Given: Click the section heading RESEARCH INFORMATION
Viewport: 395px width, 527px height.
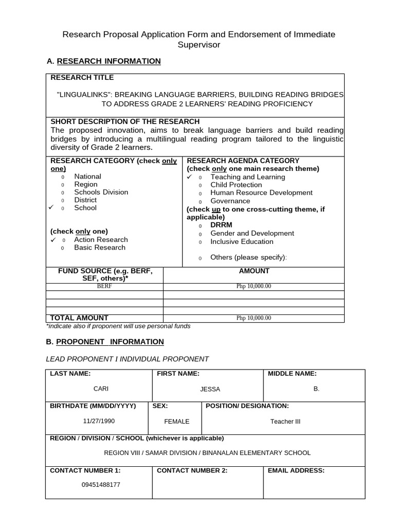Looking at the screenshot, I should (x=109, y=61).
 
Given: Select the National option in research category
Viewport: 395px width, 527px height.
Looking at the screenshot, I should (x=87, y=177).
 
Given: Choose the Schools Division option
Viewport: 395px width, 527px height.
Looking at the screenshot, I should (x=101, y=192).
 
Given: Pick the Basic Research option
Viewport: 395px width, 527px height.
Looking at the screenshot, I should (x=99, y=248).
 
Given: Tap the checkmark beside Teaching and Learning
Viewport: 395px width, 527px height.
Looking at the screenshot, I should (x=189, y=177).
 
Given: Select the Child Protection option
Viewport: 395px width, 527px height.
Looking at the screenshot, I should (x=236, y=185).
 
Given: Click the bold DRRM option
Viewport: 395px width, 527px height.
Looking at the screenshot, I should (x=221, y=225).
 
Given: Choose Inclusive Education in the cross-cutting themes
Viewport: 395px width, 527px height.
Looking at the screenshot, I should (x=242, y=241).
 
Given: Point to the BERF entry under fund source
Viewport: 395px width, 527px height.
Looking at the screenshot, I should (x=104, y=286).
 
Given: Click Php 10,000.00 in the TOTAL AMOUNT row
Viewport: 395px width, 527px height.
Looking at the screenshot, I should (x=254, y=318).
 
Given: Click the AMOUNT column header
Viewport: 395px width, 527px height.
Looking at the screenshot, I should (x=254, y=271).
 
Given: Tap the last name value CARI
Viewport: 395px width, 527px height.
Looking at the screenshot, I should (x=100, y=389).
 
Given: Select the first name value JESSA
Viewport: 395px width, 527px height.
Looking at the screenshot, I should (x=210, y=390).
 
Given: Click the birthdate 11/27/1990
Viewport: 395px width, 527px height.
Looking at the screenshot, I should (x=99, y=421).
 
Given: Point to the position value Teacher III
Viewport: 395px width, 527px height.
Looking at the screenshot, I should (x=285, y=421).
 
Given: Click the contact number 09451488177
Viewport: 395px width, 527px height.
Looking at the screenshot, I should (x=101, y=485).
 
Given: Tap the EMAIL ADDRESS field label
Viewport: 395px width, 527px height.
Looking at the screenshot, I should (x=296, y=470).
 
